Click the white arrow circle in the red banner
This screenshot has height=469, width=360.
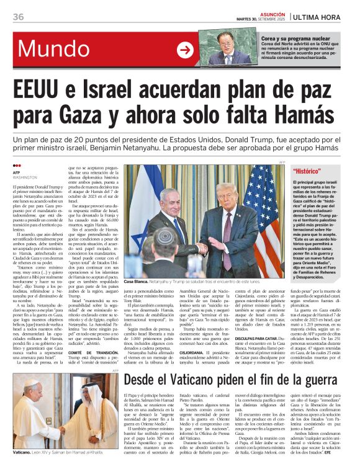pyautogui.click(x=185, y=50)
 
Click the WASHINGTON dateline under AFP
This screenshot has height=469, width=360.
pyautogui.click(x=25, y=177)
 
